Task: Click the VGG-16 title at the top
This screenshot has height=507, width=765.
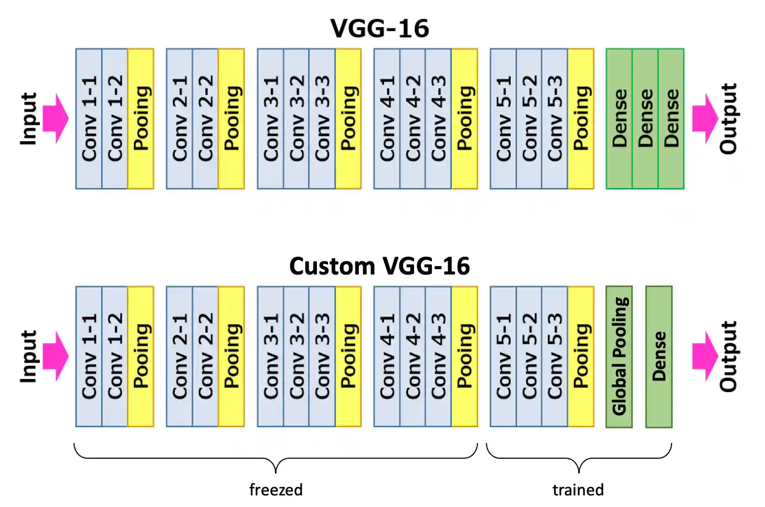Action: coord(379,28)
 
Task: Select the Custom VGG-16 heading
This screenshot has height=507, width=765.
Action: coord(379,266)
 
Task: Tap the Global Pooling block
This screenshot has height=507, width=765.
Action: coord(619,356)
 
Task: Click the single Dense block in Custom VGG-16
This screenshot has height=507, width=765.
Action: coord(659,356)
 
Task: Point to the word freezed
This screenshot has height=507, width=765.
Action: coord(275,490)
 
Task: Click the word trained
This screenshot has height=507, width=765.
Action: coord(578,490)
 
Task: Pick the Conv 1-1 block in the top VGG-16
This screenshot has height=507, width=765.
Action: coord(89,119)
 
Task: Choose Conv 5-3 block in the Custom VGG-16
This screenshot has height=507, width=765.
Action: coord(555,356)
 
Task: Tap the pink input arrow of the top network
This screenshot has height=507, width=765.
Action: coord(55,119)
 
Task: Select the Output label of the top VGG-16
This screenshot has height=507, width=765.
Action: coord(728,119)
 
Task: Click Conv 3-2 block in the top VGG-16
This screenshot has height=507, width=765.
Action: coord(296,119)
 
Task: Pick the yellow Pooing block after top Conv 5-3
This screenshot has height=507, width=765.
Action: coord(581,119)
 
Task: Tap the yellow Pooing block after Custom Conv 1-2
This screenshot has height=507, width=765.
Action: coord(141,356)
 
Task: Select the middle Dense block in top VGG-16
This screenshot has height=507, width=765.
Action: coord(645,119)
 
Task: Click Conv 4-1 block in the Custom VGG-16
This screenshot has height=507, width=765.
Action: coord(387,356)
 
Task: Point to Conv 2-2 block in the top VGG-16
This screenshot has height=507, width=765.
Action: coord(205,119)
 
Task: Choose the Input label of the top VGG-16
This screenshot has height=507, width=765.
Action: coord(29,119)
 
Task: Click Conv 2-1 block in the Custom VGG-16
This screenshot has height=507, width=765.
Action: coord(179,356)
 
